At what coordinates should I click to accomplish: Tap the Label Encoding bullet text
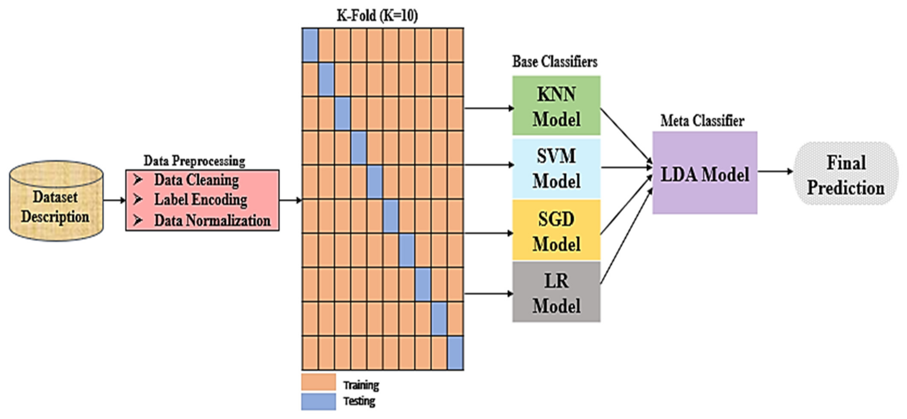click(201, 200)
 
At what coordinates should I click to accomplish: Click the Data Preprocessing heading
click(194, 161)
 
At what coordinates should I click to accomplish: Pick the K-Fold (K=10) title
click(377, 15)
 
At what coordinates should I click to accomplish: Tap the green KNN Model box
click(556, 106)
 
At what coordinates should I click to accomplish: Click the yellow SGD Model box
click(556, 231)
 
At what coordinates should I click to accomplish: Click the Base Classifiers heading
click(555, 62)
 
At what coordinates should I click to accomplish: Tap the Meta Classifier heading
click(702, 121)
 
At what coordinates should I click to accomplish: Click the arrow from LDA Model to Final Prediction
click(775, 172)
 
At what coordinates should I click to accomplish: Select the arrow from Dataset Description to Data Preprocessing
click(114, 200)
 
